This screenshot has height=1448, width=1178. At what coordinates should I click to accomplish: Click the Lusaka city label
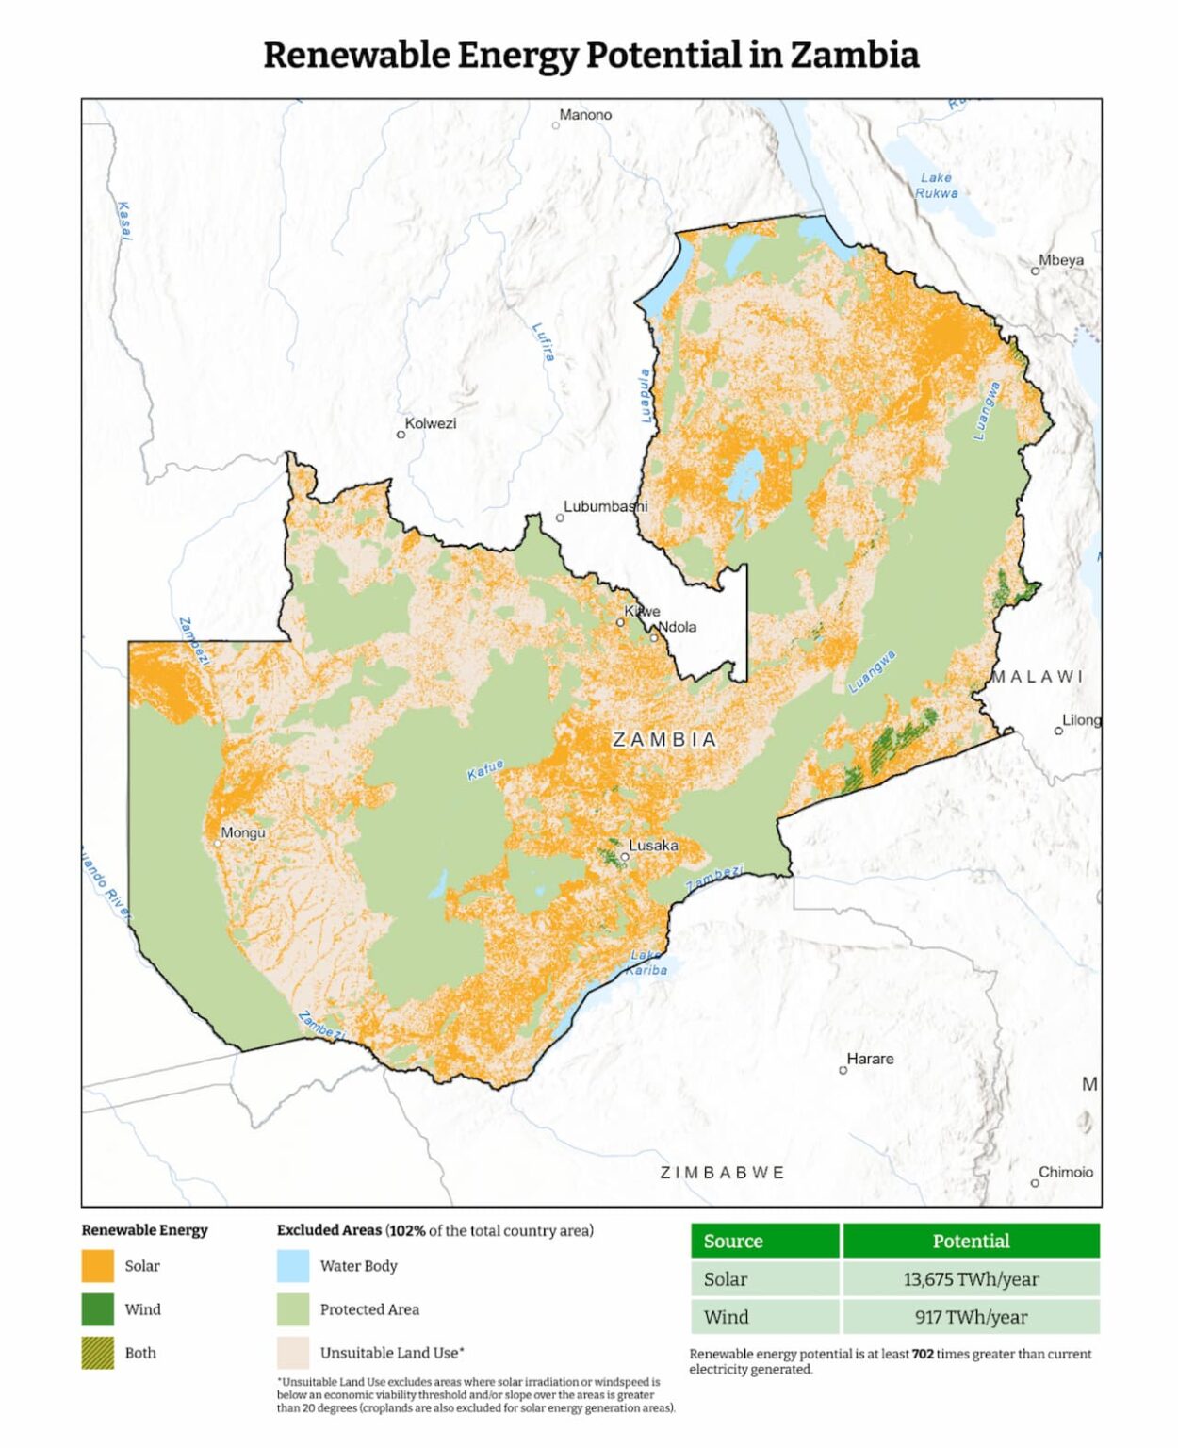click(x=653, y=846)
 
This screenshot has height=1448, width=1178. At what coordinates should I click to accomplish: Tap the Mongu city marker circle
click(x=218, y=844)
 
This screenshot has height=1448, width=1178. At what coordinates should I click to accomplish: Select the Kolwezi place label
click(x=431, y=423)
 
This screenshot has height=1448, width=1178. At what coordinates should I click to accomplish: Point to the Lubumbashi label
click(x=605, y=506)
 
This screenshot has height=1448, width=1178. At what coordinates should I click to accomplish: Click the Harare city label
click(x=870, y=1059)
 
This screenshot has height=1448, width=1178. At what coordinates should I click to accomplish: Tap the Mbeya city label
click(x=1061, y=260)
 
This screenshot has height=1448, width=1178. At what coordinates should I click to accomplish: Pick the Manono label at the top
click(x=585, y=115)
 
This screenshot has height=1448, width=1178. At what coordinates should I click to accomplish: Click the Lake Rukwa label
click(x=936, y=185)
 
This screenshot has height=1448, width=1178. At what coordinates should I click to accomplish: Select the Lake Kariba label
click(x=646, y=963)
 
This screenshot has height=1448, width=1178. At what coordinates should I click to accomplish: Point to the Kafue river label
click(x=485, y=769)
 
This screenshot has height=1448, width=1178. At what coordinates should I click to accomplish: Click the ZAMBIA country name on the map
click(x=664, y=740)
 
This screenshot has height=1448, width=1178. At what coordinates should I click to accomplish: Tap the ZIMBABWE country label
click(x=722, y=1173)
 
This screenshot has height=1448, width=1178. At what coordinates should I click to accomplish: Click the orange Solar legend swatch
click(x=98, y=1266)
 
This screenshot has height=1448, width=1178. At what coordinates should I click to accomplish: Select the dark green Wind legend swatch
click(x=98, y=1309)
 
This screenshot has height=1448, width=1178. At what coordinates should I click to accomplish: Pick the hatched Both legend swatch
click(x=98, y=1353)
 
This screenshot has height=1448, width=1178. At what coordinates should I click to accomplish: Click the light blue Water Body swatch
click(x=293, y=1266)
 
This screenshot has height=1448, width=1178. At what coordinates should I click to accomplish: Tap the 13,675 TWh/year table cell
click(x=971, y=1279)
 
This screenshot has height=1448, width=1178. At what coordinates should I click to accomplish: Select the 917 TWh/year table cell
click(x=971, y=1317)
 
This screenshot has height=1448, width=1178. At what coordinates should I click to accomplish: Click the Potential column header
click(x=971, y=1241)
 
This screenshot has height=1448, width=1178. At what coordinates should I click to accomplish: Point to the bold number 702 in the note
click(x=923, y=1354)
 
